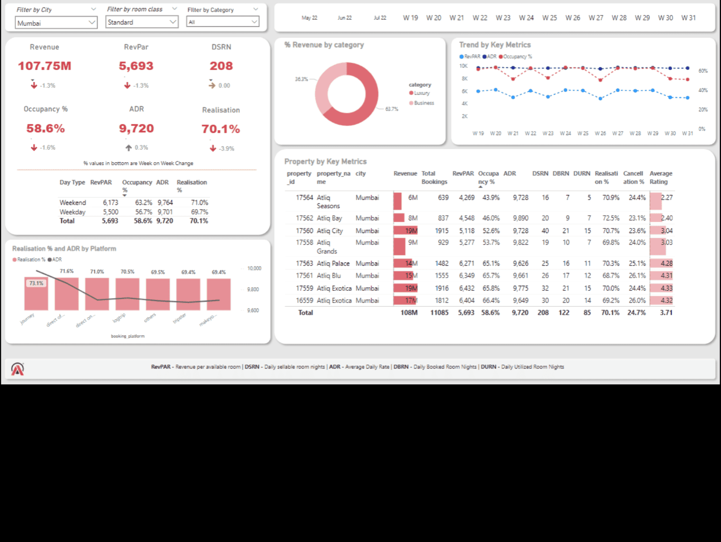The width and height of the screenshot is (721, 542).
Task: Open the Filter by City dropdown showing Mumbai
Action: coord(56,23)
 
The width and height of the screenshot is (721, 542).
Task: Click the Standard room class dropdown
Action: coord(142,22)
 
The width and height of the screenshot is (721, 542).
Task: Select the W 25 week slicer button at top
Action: coord(549,18)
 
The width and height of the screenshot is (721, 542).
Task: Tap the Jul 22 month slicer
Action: coord(380,18)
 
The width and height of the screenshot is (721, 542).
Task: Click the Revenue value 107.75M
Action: coord(45,66)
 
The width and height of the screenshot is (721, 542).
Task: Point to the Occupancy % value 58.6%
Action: coord(46,129)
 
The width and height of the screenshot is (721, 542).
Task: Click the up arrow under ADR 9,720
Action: coord(129,148)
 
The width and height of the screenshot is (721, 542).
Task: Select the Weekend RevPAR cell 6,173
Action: coord(110,203)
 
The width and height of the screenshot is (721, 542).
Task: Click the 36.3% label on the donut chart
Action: coord(301,79)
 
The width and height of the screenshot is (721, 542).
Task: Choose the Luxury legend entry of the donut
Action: coord(421,93)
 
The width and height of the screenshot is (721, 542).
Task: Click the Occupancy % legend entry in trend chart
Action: coord(517,57)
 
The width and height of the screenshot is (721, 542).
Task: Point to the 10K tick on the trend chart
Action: coord(463,66)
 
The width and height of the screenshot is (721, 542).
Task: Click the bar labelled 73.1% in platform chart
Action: coord(36,294)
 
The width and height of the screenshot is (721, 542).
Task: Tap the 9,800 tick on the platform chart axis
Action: coord(253,290)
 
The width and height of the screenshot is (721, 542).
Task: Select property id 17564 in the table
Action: coord(304,198)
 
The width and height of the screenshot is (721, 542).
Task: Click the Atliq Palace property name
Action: coord(333,263)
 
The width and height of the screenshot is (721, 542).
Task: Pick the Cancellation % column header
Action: coord(633,178)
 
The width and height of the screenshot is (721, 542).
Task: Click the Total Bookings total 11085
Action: coord(439,313)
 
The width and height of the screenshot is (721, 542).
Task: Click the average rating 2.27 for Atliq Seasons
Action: coord(666,198)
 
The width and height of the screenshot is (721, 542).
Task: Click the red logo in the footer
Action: coord(18,369)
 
